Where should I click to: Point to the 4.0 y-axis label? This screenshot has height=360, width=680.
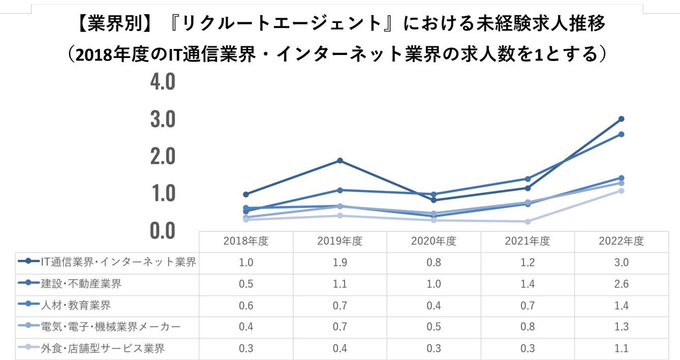[163, 82]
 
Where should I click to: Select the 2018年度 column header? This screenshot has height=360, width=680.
[245, 242]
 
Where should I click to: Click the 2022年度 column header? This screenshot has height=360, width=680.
[621, 242]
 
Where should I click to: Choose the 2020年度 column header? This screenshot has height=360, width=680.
[434, 242]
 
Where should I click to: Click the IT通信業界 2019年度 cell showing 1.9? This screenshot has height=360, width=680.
[339, 263]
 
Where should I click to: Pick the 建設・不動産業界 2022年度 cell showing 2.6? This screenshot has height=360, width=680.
[621, 284]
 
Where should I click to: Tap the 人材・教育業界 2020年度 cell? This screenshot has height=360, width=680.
[434, 306]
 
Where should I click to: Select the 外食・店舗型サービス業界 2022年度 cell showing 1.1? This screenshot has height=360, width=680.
[621, 348]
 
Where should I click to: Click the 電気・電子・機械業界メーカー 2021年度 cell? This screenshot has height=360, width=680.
[528, 327]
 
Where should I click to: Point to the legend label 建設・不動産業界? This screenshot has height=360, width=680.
[81, 284]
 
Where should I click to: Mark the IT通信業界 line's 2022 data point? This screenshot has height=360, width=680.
[621, 119]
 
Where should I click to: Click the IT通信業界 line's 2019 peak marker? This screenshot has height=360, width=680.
[340, 161]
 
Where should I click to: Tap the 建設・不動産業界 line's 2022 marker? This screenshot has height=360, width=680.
[621, 134]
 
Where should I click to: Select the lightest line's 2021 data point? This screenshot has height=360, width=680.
[528, 222]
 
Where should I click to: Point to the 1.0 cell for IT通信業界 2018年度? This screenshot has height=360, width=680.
[245, 263]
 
